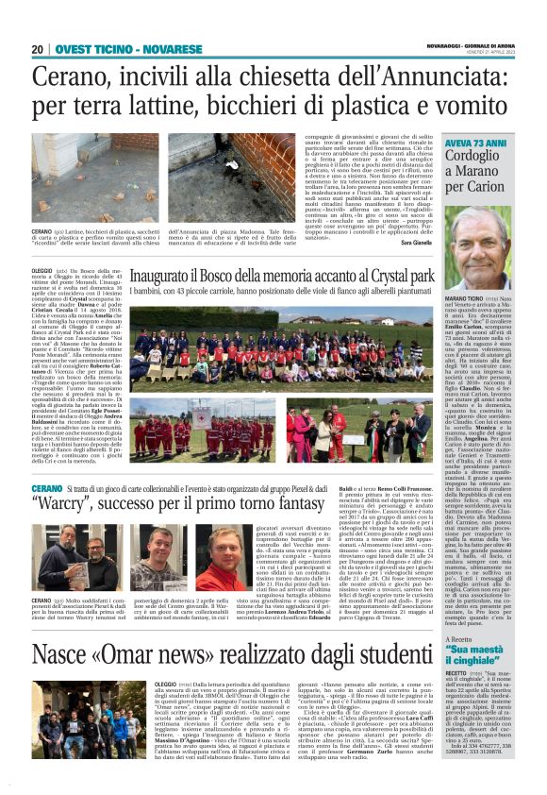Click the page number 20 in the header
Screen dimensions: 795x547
click(39, 49)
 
